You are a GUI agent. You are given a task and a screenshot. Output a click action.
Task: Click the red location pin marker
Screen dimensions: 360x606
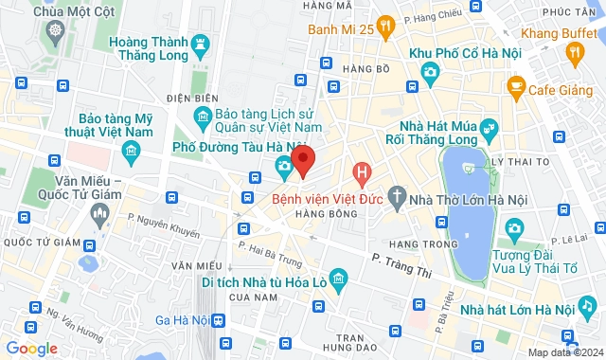tap(303, 162)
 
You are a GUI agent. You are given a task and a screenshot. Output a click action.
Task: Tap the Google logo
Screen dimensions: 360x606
tap(31, 349)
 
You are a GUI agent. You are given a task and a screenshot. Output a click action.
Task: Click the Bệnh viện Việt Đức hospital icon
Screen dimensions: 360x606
tap(361, 173)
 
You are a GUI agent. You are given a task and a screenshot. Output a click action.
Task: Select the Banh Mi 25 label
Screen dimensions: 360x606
tap(338, 29)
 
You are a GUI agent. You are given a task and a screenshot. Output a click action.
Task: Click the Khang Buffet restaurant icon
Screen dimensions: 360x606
tap(574, 55)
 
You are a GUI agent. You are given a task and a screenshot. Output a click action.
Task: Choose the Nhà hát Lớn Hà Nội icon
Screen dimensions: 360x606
tap(587, 306)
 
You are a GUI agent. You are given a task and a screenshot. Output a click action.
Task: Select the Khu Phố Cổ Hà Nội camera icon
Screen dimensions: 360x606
tap(430, 71)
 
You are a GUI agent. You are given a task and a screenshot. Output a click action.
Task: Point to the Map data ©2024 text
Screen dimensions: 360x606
tap(565, 352)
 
